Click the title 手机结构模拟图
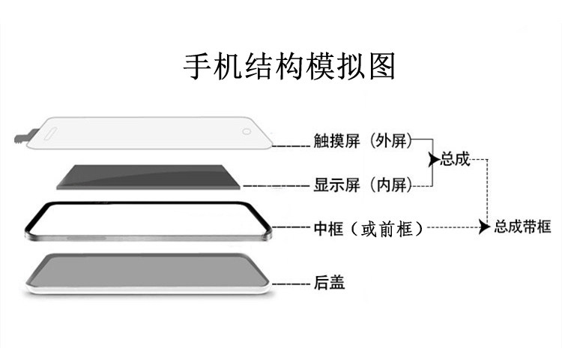[x=289, y=67]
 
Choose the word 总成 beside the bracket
[x=455, y=159]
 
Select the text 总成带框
[x=522, y=226]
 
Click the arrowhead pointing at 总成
[x=433, y=160]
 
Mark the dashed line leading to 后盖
[x=291, y=283]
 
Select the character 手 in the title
[x=196, y=67]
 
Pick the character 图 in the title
[x=381, y=67]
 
